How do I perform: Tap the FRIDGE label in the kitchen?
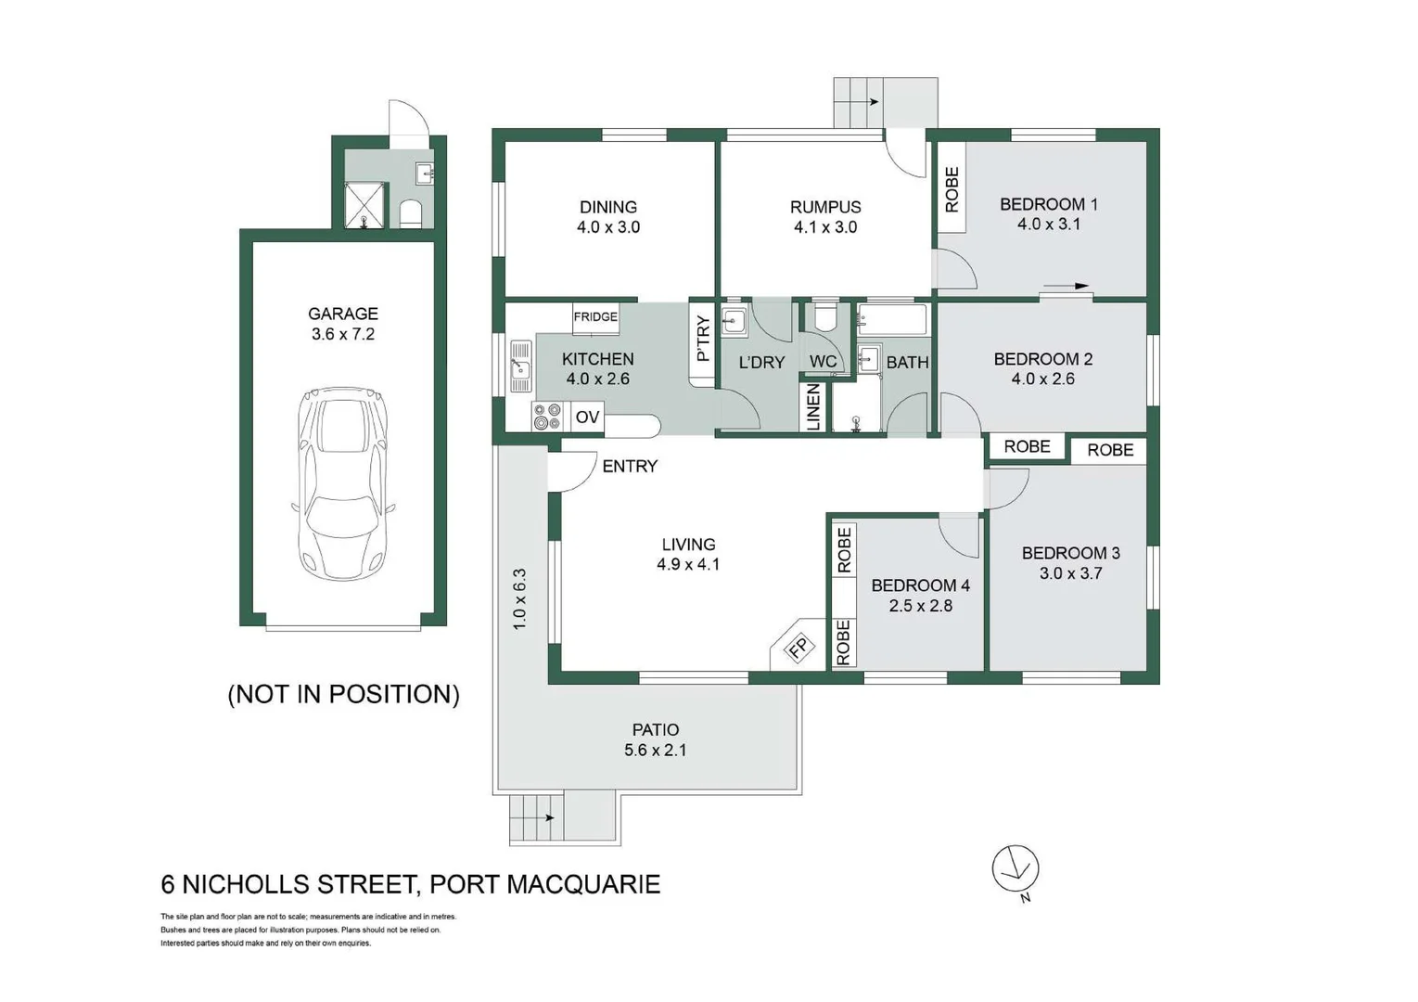(595, 316)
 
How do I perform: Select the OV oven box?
(587, 417)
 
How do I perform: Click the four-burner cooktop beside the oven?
(547, 417)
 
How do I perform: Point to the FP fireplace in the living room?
(798, 648)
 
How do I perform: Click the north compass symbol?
(1015, 869)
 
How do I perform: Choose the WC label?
(823, 362)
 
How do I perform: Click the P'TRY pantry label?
(703, 339)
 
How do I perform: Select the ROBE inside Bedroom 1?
(952, 188)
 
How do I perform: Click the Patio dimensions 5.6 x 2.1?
(655, 750)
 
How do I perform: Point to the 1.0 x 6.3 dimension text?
(519, 598)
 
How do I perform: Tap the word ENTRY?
(630, 466)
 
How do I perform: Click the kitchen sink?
(521, 366)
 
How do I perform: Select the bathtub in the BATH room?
(891, 318)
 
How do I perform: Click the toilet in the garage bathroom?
(411, 213)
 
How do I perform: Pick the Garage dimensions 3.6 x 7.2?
(343, 334)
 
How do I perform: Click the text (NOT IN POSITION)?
(344, 694)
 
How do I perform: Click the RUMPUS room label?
(825, 207)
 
